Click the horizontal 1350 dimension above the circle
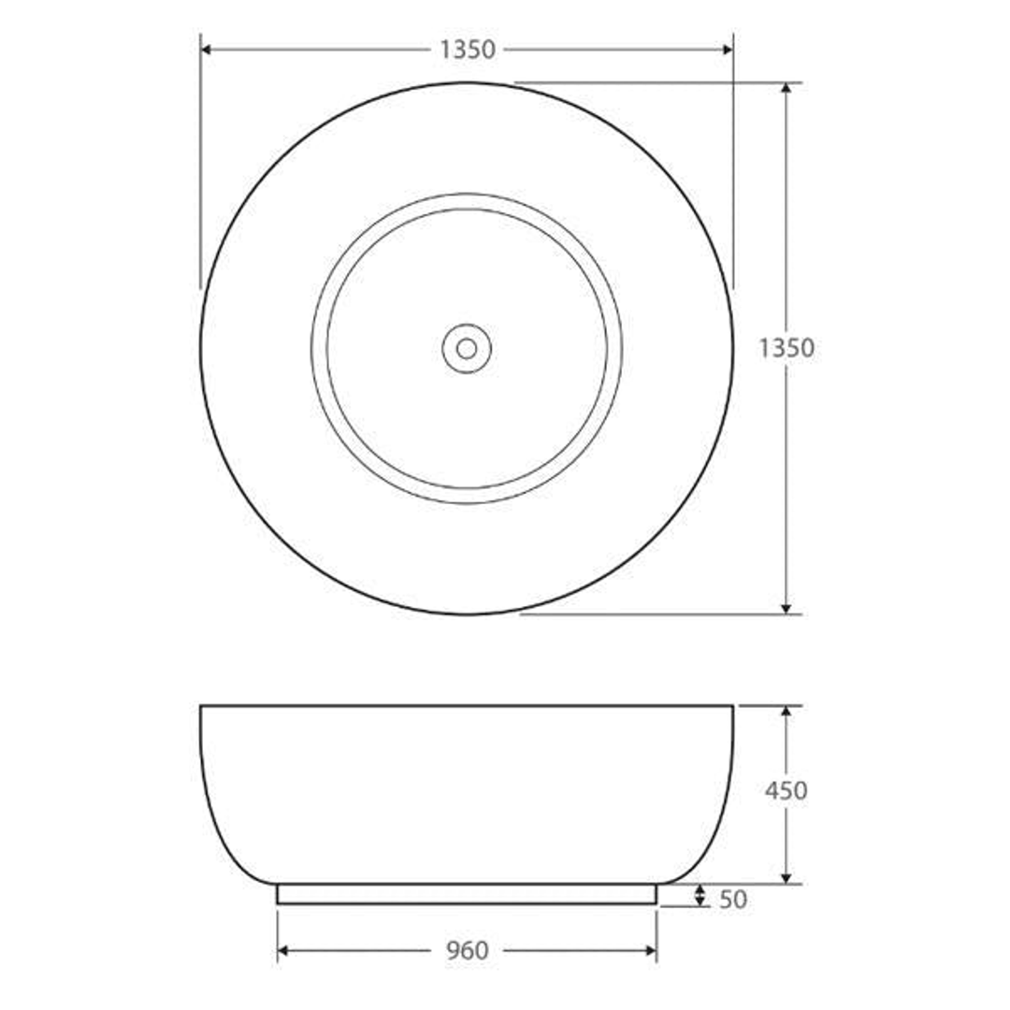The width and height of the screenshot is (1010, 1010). tap(468, 50)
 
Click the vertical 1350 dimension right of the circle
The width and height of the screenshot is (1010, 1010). tap(786, 348)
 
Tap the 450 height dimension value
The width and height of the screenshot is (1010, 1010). tap(786, 791)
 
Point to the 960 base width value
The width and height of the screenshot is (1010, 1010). tap(467, 951)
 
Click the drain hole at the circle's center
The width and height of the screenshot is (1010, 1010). tap(467, 349)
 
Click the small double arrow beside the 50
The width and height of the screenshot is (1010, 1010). tap(700, 896)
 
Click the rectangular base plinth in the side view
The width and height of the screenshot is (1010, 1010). tap(467, 894)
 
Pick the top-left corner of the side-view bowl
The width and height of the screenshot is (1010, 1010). tap(201, 706)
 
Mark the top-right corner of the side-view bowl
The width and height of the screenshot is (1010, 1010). tap(733, 706)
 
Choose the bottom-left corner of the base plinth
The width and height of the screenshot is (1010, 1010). tap(278, 903)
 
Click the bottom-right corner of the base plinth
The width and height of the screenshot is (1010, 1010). tap(656, 903)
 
